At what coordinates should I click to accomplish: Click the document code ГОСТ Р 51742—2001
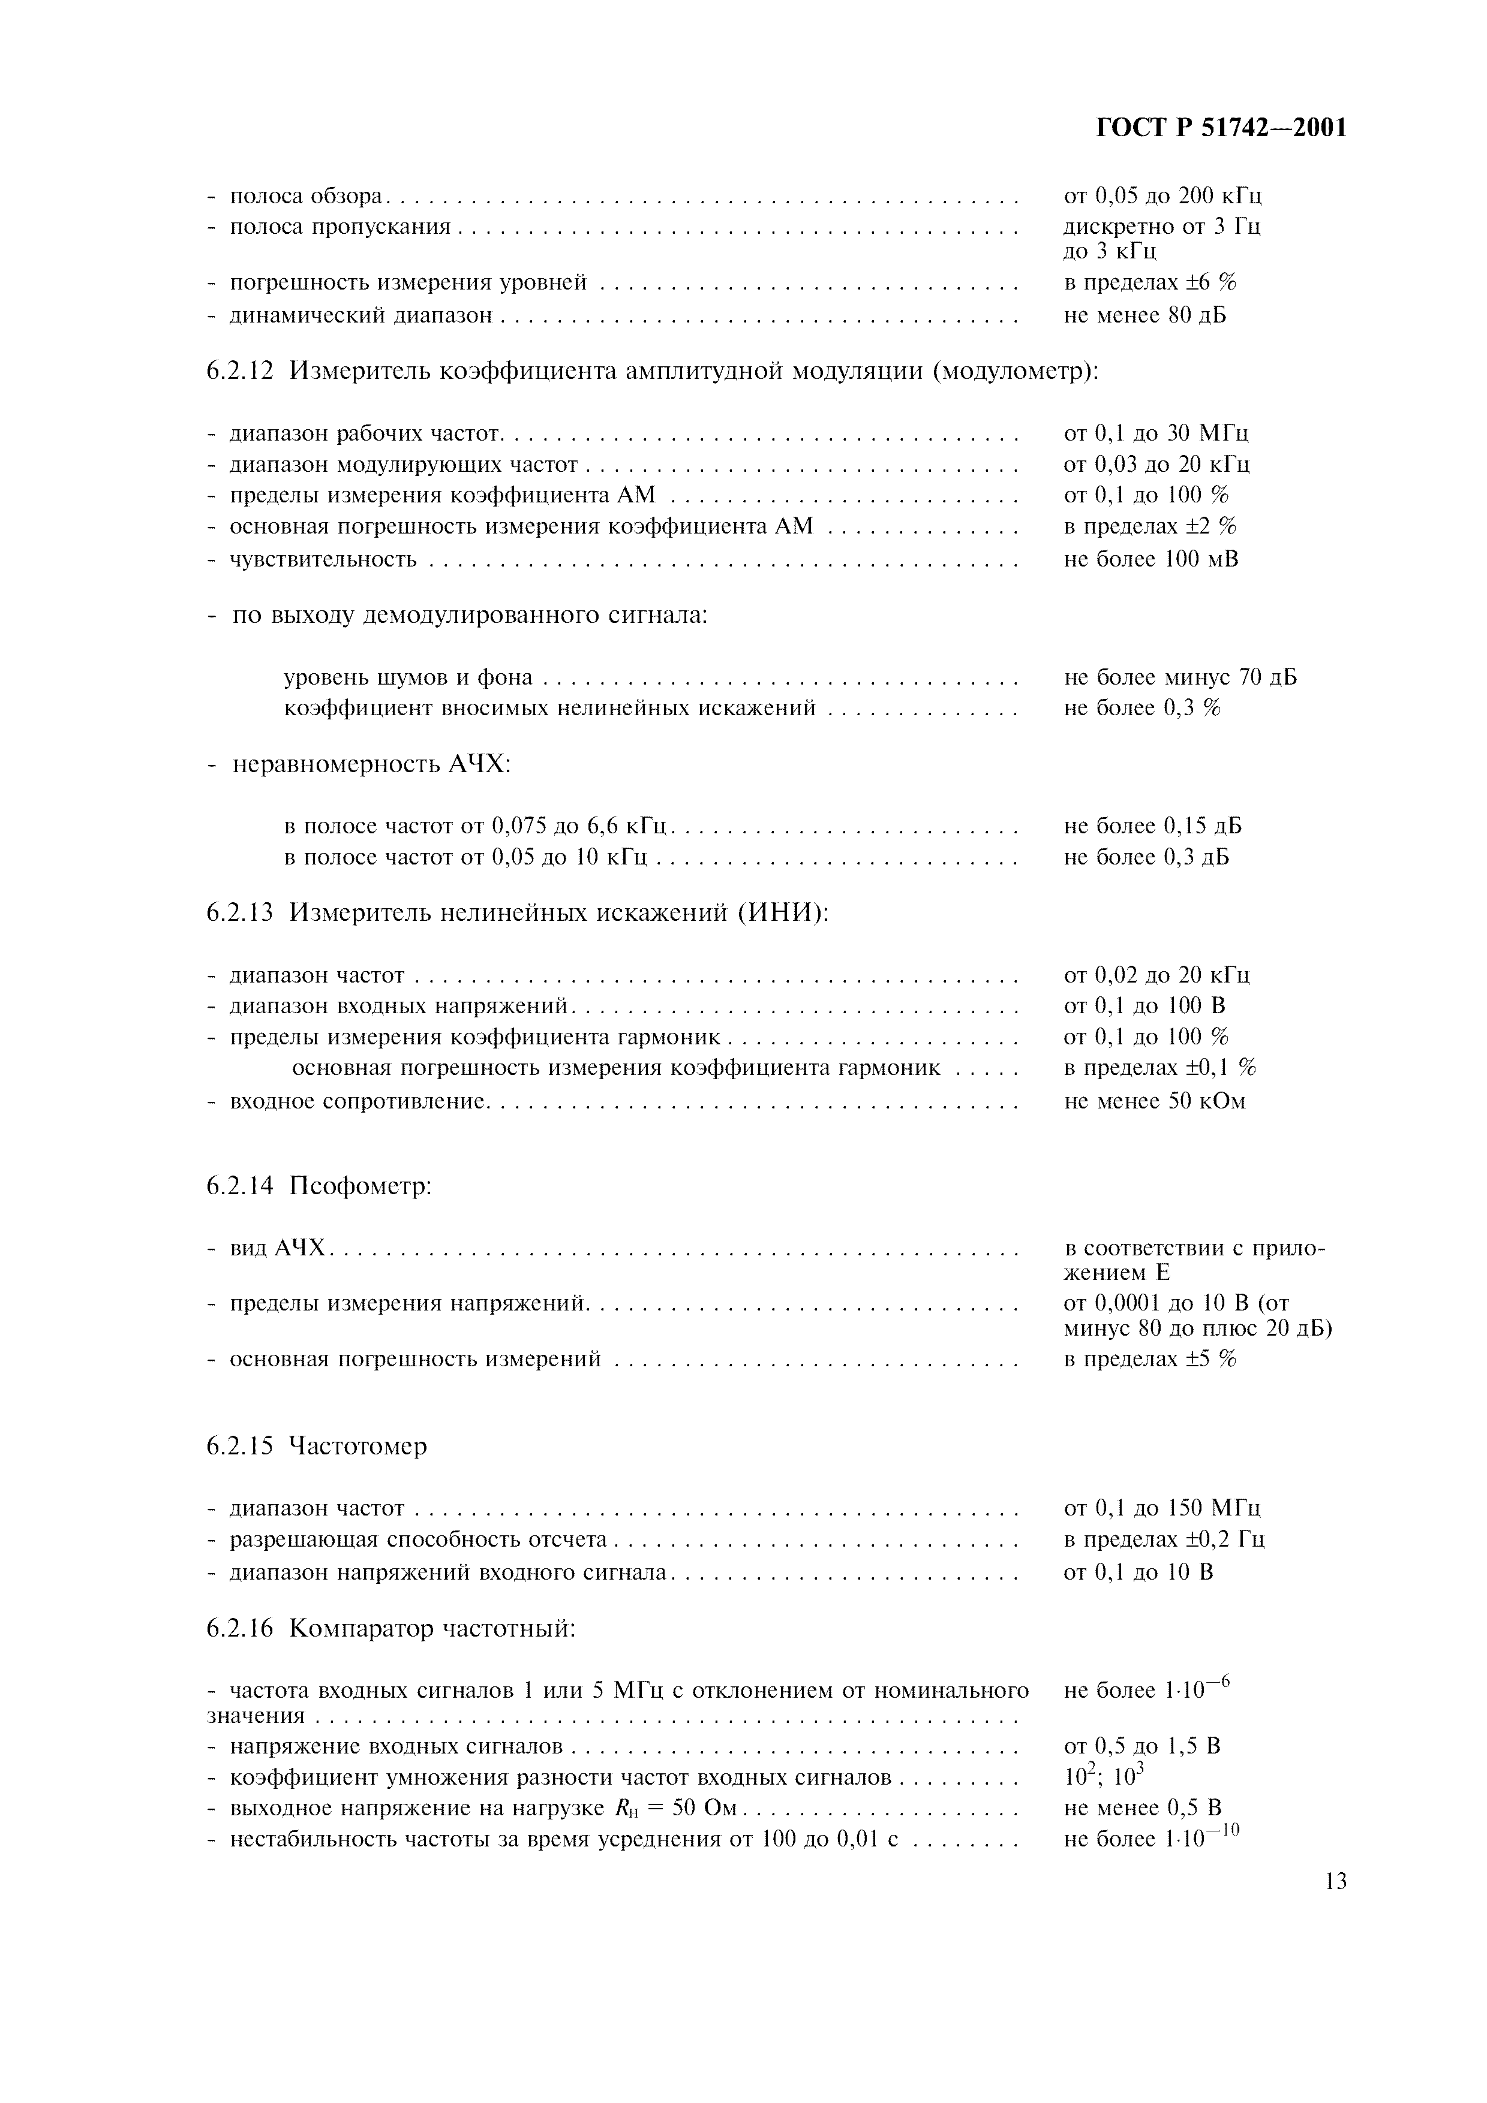(x=1221, y=128)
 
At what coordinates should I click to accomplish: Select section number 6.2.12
(x=239, y=371)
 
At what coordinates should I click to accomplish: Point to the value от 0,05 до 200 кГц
(x=1162, y=196)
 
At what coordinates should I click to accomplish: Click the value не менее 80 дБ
(x=1145, y=316)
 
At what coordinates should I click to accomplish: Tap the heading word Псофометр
(x=360, y=1186)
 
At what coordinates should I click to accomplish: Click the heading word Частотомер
(x=358, y=1447)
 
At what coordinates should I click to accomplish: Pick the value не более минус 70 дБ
(x=1180, y=678)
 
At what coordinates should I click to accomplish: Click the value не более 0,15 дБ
(x=1152, y=826)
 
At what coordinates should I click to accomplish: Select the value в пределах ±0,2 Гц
(x=1164, y=1539)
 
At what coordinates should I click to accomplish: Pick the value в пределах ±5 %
(x=1150, y=1359)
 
